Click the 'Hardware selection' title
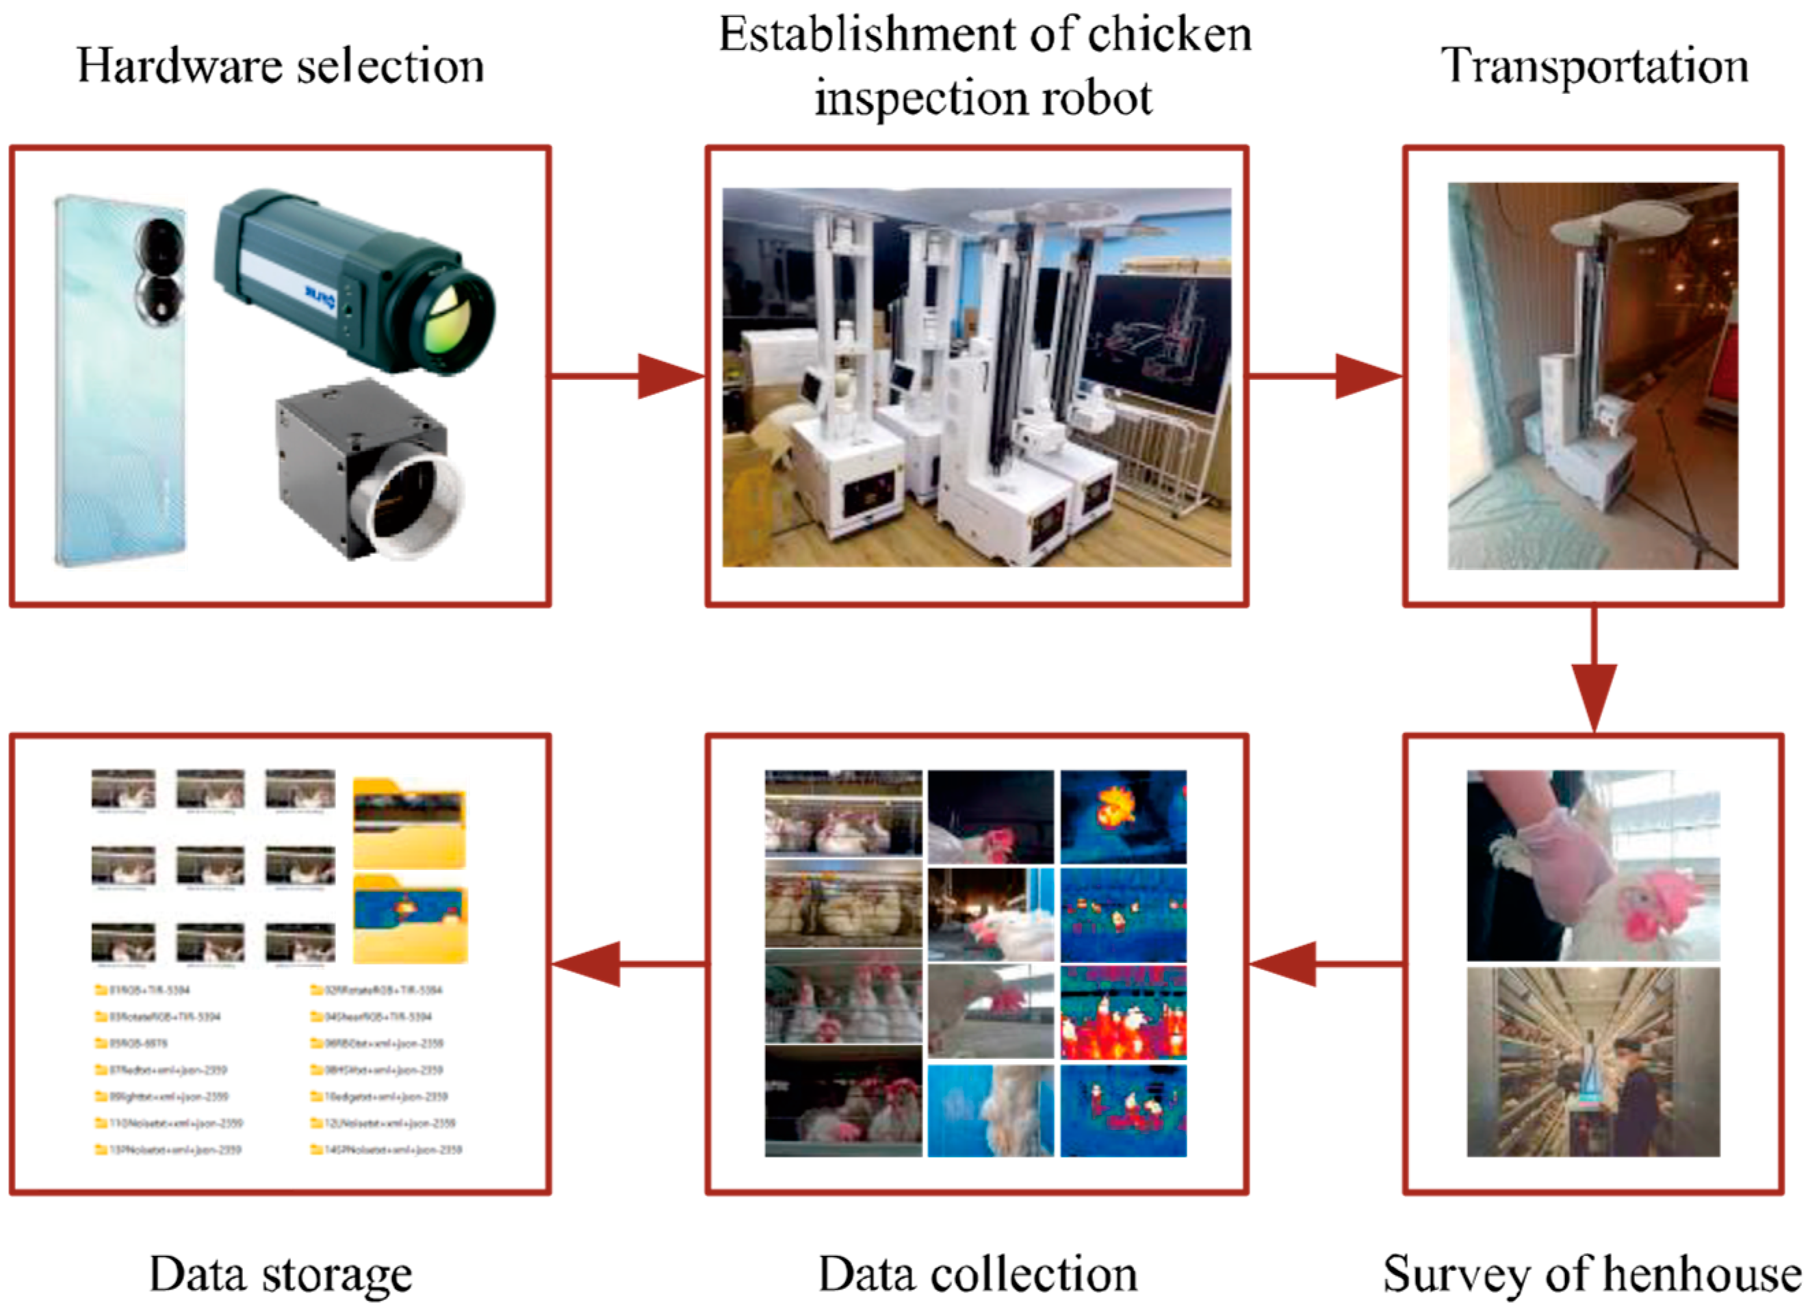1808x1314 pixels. [x=281, y=66]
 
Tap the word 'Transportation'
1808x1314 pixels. [x=1594, y=66]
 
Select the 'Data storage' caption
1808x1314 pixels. [x=281, y=1274]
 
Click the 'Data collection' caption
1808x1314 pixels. [x=977, y=1274]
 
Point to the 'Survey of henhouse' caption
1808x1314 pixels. [x=1591, y=1274]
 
